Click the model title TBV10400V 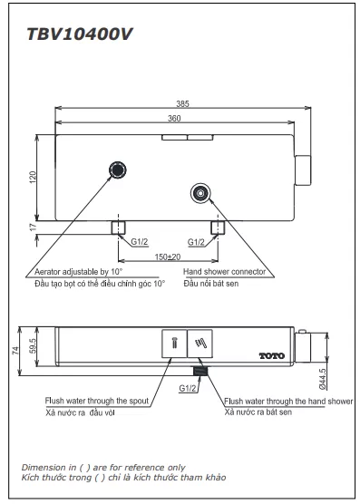tap(80, 34)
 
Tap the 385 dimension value tap(182, 104)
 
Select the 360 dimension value tap(174, 118)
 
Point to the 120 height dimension tap(33, 178)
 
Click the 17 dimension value tap(33, 228)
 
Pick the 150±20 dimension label tap(168, 257)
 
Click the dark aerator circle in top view tap(117, 170)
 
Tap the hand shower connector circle tap(200, 193)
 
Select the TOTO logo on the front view tap(272, 356)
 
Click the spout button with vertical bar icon tap(174, 344)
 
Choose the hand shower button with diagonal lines tap(199, 344)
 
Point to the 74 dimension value tap(15, 351)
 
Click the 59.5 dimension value tap(33, 346)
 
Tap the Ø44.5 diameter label tap(323, 379)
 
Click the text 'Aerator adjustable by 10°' tap(79, 272)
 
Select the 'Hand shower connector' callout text tap(224, 272)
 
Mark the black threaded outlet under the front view tap(200, 371)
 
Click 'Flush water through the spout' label tap(97, 401)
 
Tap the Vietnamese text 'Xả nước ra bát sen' tap(258, 412)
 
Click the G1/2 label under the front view tap(188, 388)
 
